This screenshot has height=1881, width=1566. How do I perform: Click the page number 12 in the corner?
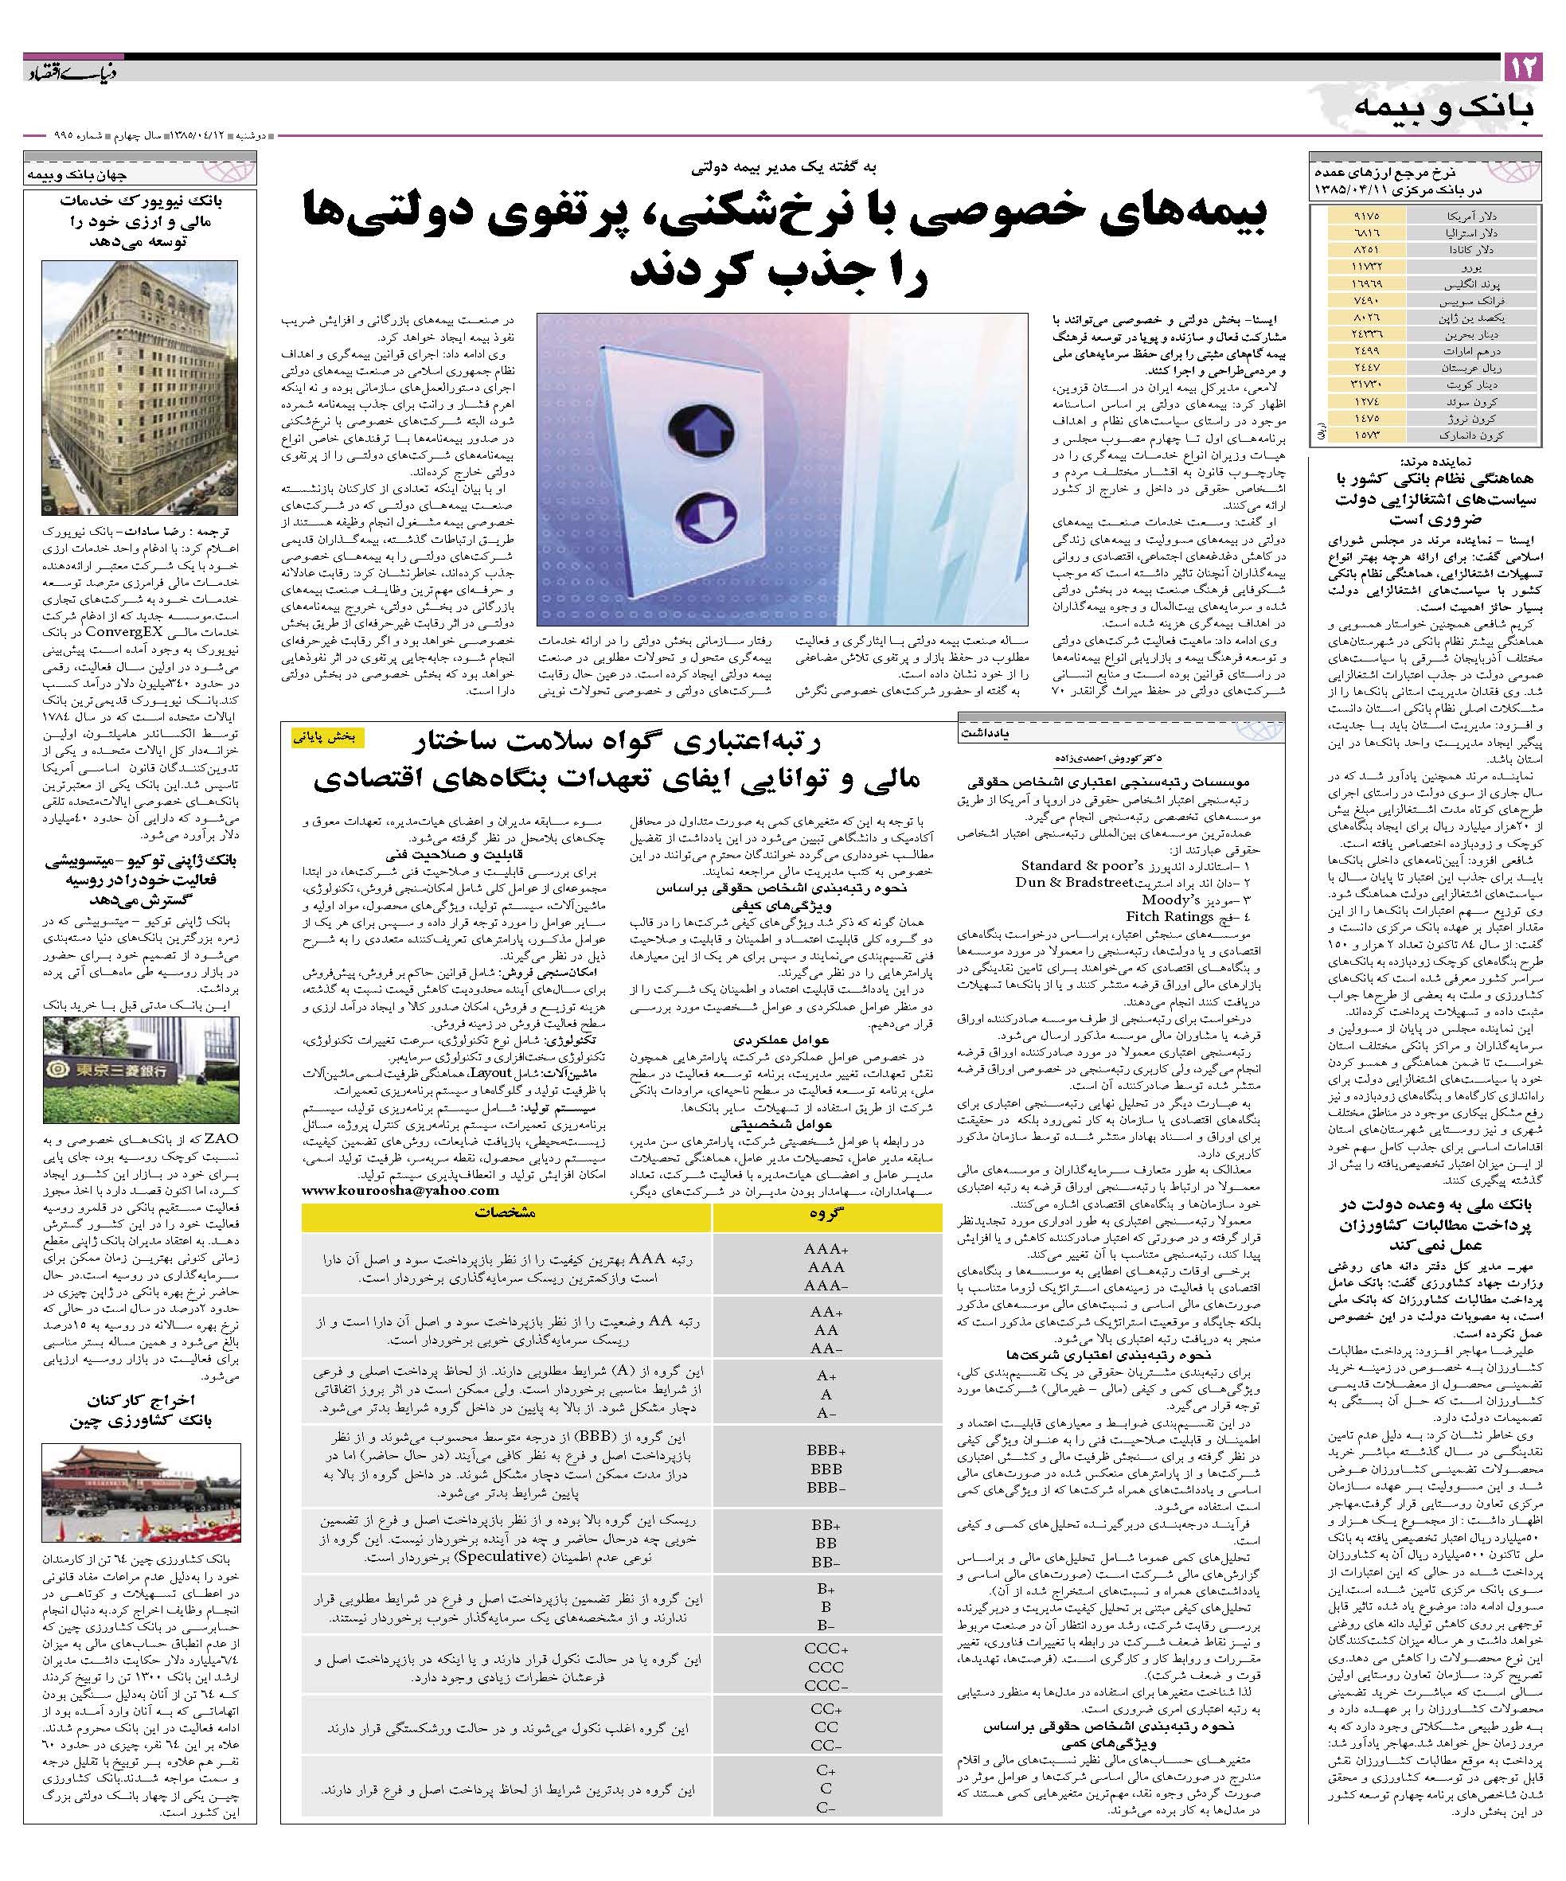(x=1522, y=67)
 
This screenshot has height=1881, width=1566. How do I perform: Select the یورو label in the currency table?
(x=1464, y=267)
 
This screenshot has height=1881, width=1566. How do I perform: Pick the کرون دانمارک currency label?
(x=1464, y=435)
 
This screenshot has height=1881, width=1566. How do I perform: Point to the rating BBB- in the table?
(x=827, y=1488)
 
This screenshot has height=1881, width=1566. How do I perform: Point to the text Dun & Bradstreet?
(x=1075, y=881)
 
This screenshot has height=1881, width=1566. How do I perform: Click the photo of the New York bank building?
(x=140, y=387)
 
